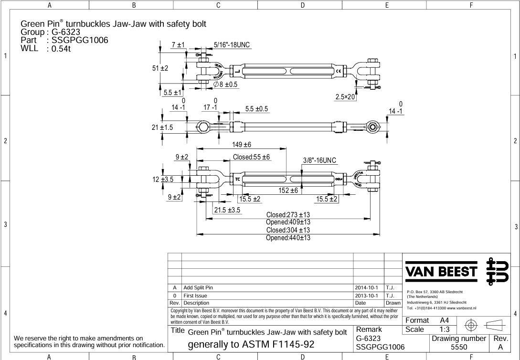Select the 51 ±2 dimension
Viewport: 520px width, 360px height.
point(160,68)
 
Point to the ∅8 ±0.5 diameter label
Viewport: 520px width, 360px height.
point(225,84)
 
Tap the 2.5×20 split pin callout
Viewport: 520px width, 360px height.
point(345,97)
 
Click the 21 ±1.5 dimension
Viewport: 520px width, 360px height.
point(162,127)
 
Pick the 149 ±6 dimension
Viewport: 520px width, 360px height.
point(241,145)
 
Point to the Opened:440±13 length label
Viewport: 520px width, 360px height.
point(288,238)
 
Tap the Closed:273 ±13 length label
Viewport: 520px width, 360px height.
point(288,215)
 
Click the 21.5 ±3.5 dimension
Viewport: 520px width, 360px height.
point(227,210)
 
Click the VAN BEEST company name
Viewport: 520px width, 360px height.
point(441,272)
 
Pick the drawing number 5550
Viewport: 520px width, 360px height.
point(459,348)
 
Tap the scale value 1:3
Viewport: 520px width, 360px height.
point(444,329)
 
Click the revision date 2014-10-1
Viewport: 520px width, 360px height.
point(366,288)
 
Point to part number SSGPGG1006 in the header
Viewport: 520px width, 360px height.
point(80,40)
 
